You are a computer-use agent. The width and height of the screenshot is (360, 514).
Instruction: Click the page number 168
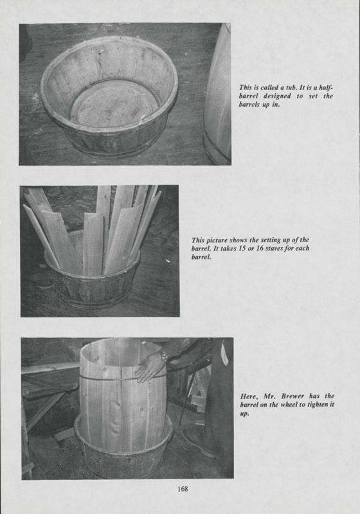click(x=183, y=489)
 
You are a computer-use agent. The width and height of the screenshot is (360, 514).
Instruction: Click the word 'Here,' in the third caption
click(x=247, y=396)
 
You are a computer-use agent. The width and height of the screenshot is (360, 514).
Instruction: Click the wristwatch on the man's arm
click(x=165, y=355)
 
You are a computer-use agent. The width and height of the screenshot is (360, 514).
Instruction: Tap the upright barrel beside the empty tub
click(x=218, y=96)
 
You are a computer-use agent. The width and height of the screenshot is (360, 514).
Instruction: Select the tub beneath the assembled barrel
click(x=122, y=450)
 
